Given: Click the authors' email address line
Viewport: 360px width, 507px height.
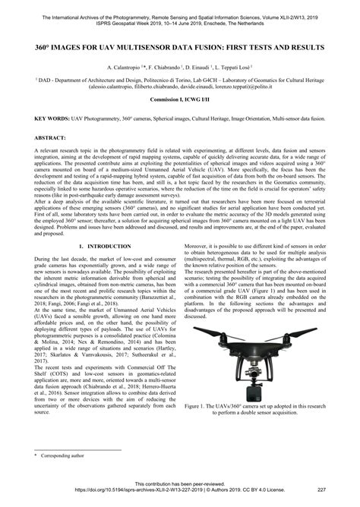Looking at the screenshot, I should tap(180, 87).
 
